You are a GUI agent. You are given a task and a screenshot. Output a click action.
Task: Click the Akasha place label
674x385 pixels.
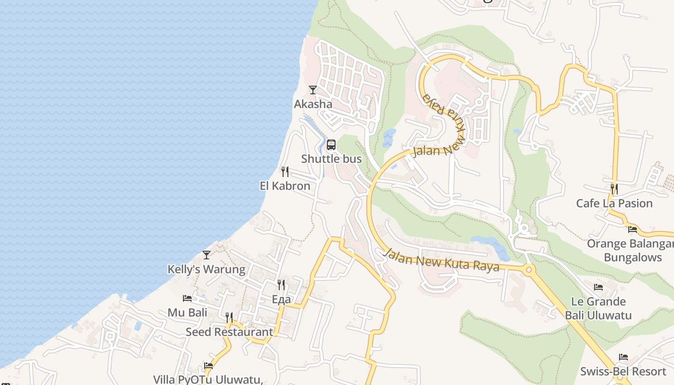click(313, 104)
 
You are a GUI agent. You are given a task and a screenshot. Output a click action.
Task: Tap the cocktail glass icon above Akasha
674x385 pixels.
click(313, 90)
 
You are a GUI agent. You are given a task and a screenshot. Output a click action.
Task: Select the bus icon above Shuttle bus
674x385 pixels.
click(331, 145)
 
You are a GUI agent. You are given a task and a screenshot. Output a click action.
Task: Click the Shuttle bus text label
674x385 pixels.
click(331, 159)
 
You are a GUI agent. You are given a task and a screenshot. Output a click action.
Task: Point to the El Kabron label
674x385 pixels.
click(285, 186)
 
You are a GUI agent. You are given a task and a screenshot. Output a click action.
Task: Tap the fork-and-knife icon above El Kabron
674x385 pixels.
click(285, 172)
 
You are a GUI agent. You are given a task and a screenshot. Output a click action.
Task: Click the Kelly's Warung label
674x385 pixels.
click(206, 269)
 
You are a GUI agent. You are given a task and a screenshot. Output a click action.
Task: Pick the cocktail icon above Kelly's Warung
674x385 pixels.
click(207, 255)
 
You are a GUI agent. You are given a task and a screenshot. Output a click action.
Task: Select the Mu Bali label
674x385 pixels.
click(187, 312)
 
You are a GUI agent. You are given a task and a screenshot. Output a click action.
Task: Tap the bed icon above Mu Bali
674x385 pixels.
click(187, 298)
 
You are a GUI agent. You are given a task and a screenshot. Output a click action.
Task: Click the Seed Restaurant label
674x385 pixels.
click(229, 332)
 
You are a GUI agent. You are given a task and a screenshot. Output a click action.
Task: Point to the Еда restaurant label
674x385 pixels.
click(281, 299)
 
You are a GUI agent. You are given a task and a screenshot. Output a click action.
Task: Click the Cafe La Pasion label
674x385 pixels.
click(614, 203)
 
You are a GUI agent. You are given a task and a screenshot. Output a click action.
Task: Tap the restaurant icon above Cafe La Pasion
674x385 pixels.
click(614, 189)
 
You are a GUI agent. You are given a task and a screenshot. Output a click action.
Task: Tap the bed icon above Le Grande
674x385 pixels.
click(598, 287)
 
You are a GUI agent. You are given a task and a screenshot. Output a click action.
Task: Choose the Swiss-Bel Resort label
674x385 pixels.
click(623, 372)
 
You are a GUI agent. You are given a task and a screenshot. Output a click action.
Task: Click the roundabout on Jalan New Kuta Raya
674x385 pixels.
click(529, 269)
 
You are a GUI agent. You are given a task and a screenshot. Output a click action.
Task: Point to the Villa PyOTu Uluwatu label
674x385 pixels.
click(208, 379)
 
